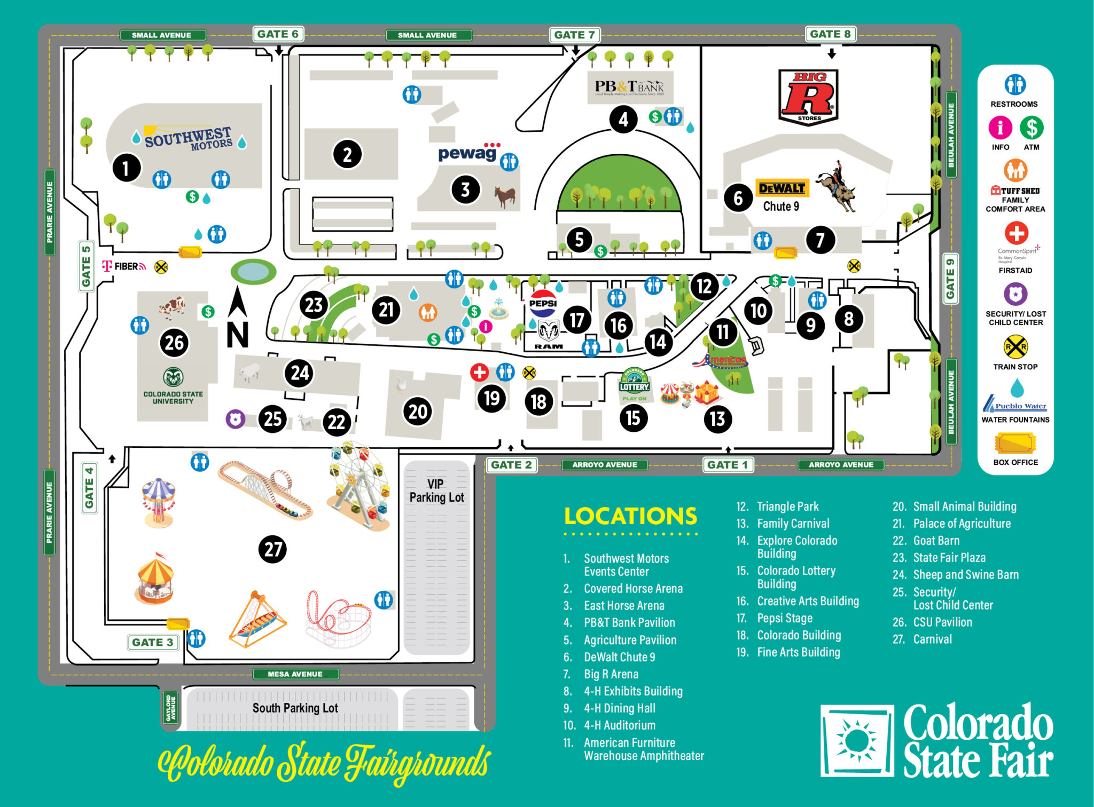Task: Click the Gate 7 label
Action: tap(574, 35)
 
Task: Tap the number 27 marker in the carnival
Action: tap(272, 549)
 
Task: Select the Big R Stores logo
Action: tap(808, 97)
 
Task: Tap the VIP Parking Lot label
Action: tap(436, 490)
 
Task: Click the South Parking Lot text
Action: tap(295, 708)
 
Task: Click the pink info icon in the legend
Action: tap(999, 128)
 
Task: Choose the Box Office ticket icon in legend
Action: tap(1015, 443)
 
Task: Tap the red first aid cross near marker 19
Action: tap(479, 372)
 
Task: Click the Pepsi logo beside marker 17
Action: tap(543, 303)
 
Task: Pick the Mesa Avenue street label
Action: tap(295, 674)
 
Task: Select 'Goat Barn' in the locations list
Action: tap(936, 541)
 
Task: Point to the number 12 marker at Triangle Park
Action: tap(704, 287)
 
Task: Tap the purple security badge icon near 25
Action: tap(235, 419)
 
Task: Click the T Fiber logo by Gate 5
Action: tap(123, 266)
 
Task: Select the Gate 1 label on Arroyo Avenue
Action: tap(727, 465)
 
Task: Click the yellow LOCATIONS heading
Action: tap(630, 516)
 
